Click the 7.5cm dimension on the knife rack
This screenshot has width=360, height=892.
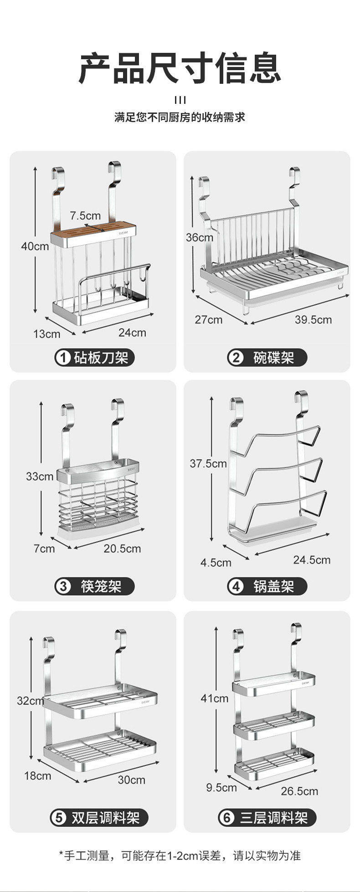(85, 215)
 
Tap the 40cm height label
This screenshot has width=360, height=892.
(35, 246)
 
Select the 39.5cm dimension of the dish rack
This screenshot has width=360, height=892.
(313, 319)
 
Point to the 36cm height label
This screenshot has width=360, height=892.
(199, 237)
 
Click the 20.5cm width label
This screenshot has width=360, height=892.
(122, 549)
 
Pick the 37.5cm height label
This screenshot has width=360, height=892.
(208, 464)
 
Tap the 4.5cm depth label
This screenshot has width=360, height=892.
(216, 563)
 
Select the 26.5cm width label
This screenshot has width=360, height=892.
(299, 791)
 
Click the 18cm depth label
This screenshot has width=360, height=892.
(37, 776)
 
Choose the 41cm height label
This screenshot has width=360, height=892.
(214, 698)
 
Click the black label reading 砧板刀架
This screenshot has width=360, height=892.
(95, 358)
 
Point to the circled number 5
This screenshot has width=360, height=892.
(58, 818)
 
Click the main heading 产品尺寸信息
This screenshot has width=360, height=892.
(180, 68)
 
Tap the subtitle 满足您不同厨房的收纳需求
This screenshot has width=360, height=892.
(180, 118)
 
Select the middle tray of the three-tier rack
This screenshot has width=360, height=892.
(274, 725)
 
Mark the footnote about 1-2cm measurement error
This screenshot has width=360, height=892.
(180, 856)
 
